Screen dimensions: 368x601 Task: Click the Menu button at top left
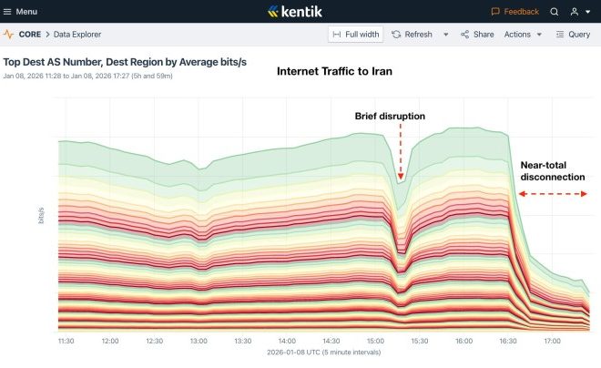point(20,12)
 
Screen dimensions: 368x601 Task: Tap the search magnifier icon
point(555,12)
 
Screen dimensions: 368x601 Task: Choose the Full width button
point(355,35)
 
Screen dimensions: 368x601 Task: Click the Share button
point(477,35)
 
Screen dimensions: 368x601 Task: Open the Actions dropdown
point(522,35)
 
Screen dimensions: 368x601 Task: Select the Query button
point(573,35)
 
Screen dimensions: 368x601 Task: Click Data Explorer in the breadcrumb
point(77,35)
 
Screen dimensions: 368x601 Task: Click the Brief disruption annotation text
point(390,116)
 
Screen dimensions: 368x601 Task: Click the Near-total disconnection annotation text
point(552,171)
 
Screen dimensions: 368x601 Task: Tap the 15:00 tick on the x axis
point(375,342)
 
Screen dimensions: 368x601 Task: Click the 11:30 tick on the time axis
point(66,342)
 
